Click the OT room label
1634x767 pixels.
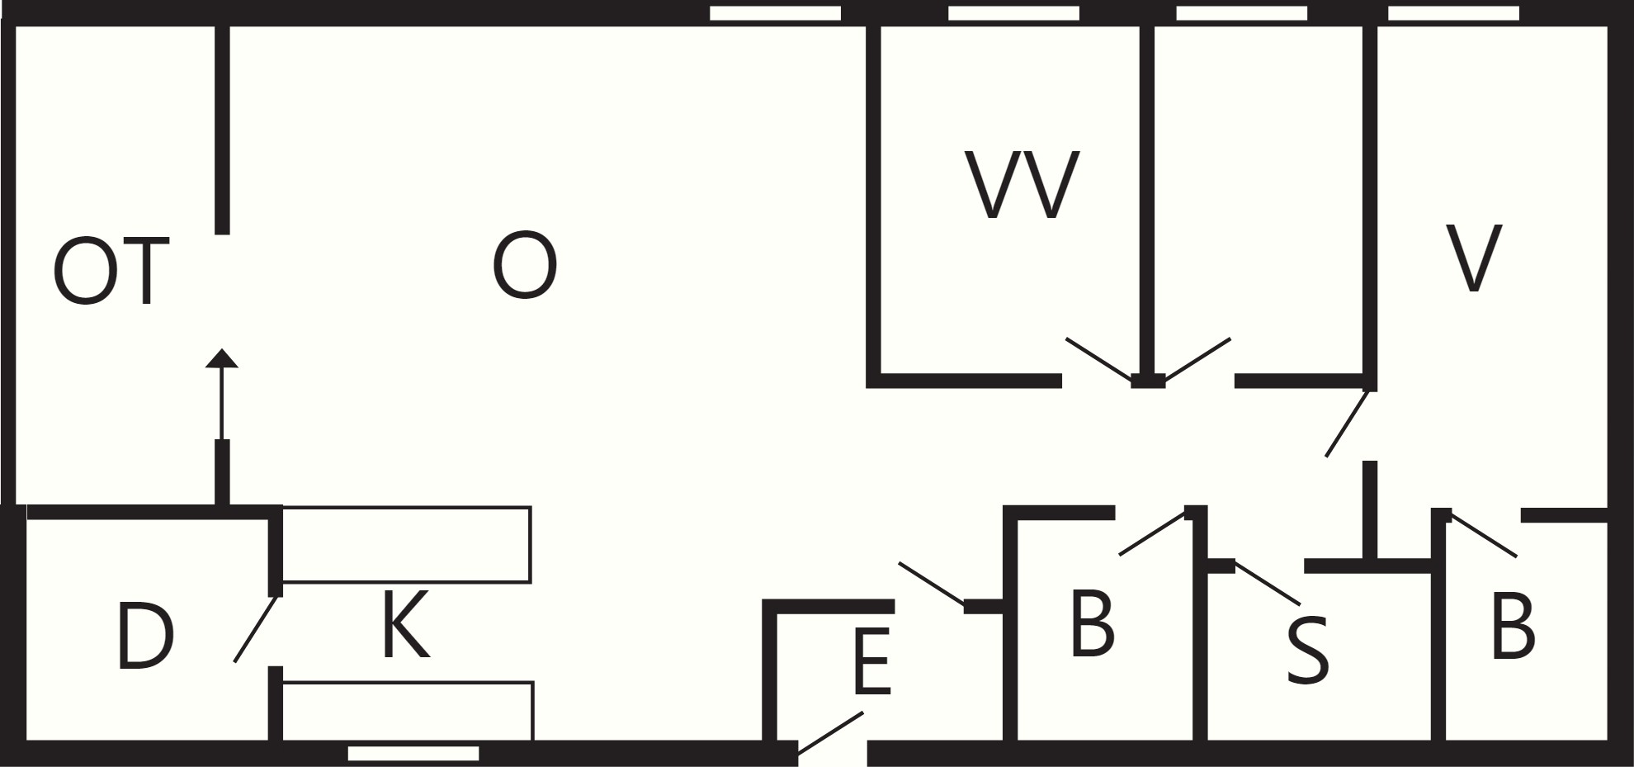point(111,271)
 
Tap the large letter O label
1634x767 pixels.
point(525,266)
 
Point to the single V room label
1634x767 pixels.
point(1474,258)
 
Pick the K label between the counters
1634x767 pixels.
point(405,624)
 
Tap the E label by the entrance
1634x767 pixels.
point(872,660)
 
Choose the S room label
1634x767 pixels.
point(1308,651)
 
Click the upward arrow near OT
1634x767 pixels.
point(221,394)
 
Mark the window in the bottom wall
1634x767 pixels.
point(413,753)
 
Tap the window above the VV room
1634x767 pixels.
point(1013,13)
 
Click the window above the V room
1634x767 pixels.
point(1453,13)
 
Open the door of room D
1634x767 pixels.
point(256,628)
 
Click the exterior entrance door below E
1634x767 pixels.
point(830,732)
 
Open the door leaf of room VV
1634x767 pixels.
point(1099,359)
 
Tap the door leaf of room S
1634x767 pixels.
point(1268,583)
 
